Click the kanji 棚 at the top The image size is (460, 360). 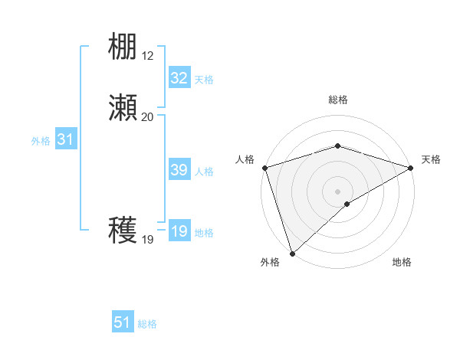[123, 47]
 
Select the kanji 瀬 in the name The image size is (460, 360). [123, 108]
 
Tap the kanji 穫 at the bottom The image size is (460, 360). [123, 231]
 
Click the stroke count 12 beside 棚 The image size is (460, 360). [147, 56]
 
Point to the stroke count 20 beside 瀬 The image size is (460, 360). [147, 116]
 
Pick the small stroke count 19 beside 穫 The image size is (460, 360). [147, 240]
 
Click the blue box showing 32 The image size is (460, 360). [179, 78]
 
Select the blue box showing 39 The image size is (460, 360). [179, 170]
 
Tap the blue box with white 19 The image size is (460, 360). [179, 231]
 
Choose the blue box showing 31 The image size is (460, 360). [65, 139]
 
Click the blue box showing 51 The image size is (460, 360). [123, 322]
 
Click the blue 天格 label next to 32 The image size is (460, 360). [204, 80]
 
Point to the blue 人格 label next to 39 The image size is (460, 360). [204, 172]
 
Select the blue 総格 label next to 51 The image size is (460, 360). [147, 324]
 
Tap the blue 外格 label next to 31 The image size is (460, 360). [41, 141]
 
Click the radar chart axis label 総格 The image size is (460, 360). [337, 100]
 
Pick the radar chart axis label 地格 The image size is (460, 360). [402, 262]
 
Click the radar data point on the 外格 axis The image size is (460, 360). [291, 253]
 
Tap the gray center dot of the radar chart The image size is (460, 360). [337, 191]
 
